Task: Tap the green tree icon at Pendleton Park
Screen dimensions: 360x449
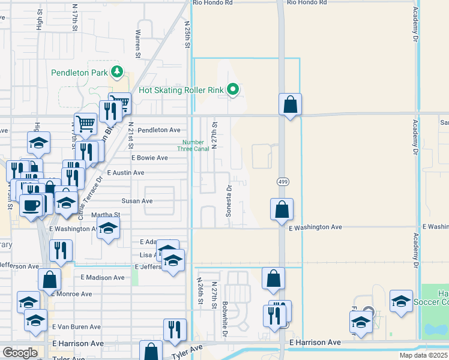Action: point(117,73)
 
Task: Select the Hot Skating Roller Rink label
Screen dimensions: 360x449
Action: point(181,91)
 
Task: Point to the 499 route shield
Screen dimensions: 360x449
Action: point(281,181)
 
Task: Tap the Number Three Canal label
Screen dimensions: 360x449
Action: point(194,145)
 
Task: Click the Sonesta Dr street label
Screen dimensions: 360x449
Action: point(229,200)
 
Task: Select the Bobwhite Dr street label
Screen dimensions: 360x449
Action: point(225,318)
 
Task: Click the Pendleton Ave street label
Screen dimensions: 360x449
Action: point(159,130)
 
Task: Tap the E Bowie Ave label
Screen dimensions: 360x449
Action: point(150,158)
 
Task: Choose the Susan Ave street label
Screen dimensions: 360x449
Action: point(137,201)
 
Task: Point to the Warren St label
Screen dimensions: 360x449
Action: point(138,44)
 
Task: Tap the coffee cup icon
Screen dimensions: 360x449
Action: point(31,205)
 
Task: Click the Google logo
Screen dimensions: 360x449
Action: point(20,353)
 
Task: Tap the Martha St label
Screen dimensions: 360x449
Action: point(106,214)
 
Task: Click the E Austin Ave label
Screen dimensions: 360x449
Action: point(125,172)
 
